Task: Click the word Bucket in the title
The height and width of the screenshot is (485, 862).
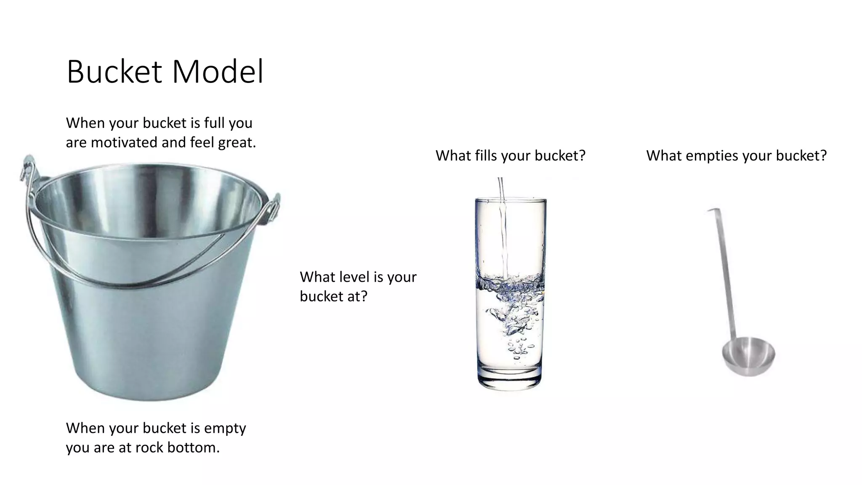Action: point(114,72)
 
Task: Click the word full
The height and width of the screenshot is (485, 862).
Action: point(215,123)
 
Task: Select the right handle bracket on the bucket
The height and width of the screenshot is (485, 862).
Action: point(274,206)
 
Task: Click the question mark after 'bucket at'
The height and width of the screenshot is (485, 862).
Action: point(364,296)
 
